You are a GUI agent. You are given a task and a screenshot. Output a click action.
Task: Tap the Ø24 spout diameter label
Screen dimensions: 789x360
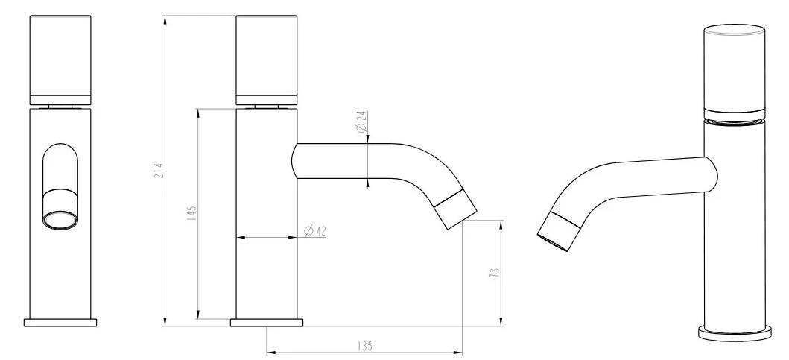[361, 121]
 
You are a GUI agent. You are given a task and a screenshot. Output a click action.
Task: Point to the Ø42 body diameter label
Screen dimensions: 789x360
[315, 231]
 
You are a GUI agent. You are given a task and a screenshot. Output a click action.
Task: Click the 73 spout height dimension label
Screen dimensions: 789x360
[495, 273]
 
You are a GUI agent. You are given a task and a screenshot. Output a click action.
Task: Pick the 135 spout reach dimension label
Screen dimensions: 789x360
[365, 347]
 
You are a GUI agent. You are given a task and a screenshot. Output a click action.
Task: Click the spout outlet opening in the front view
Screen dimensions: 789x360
[60, 221]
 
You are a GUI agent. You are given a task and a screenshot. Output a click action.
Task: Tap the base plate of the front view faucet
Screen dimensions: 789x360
[60, 322]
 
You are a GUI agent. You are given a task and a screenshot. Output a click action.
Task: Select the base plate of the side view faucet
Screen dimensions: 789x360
[267, 322]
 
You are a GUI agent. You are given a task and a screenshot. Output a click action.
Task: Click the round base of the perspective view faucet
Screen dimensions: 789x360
[735, 333]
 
